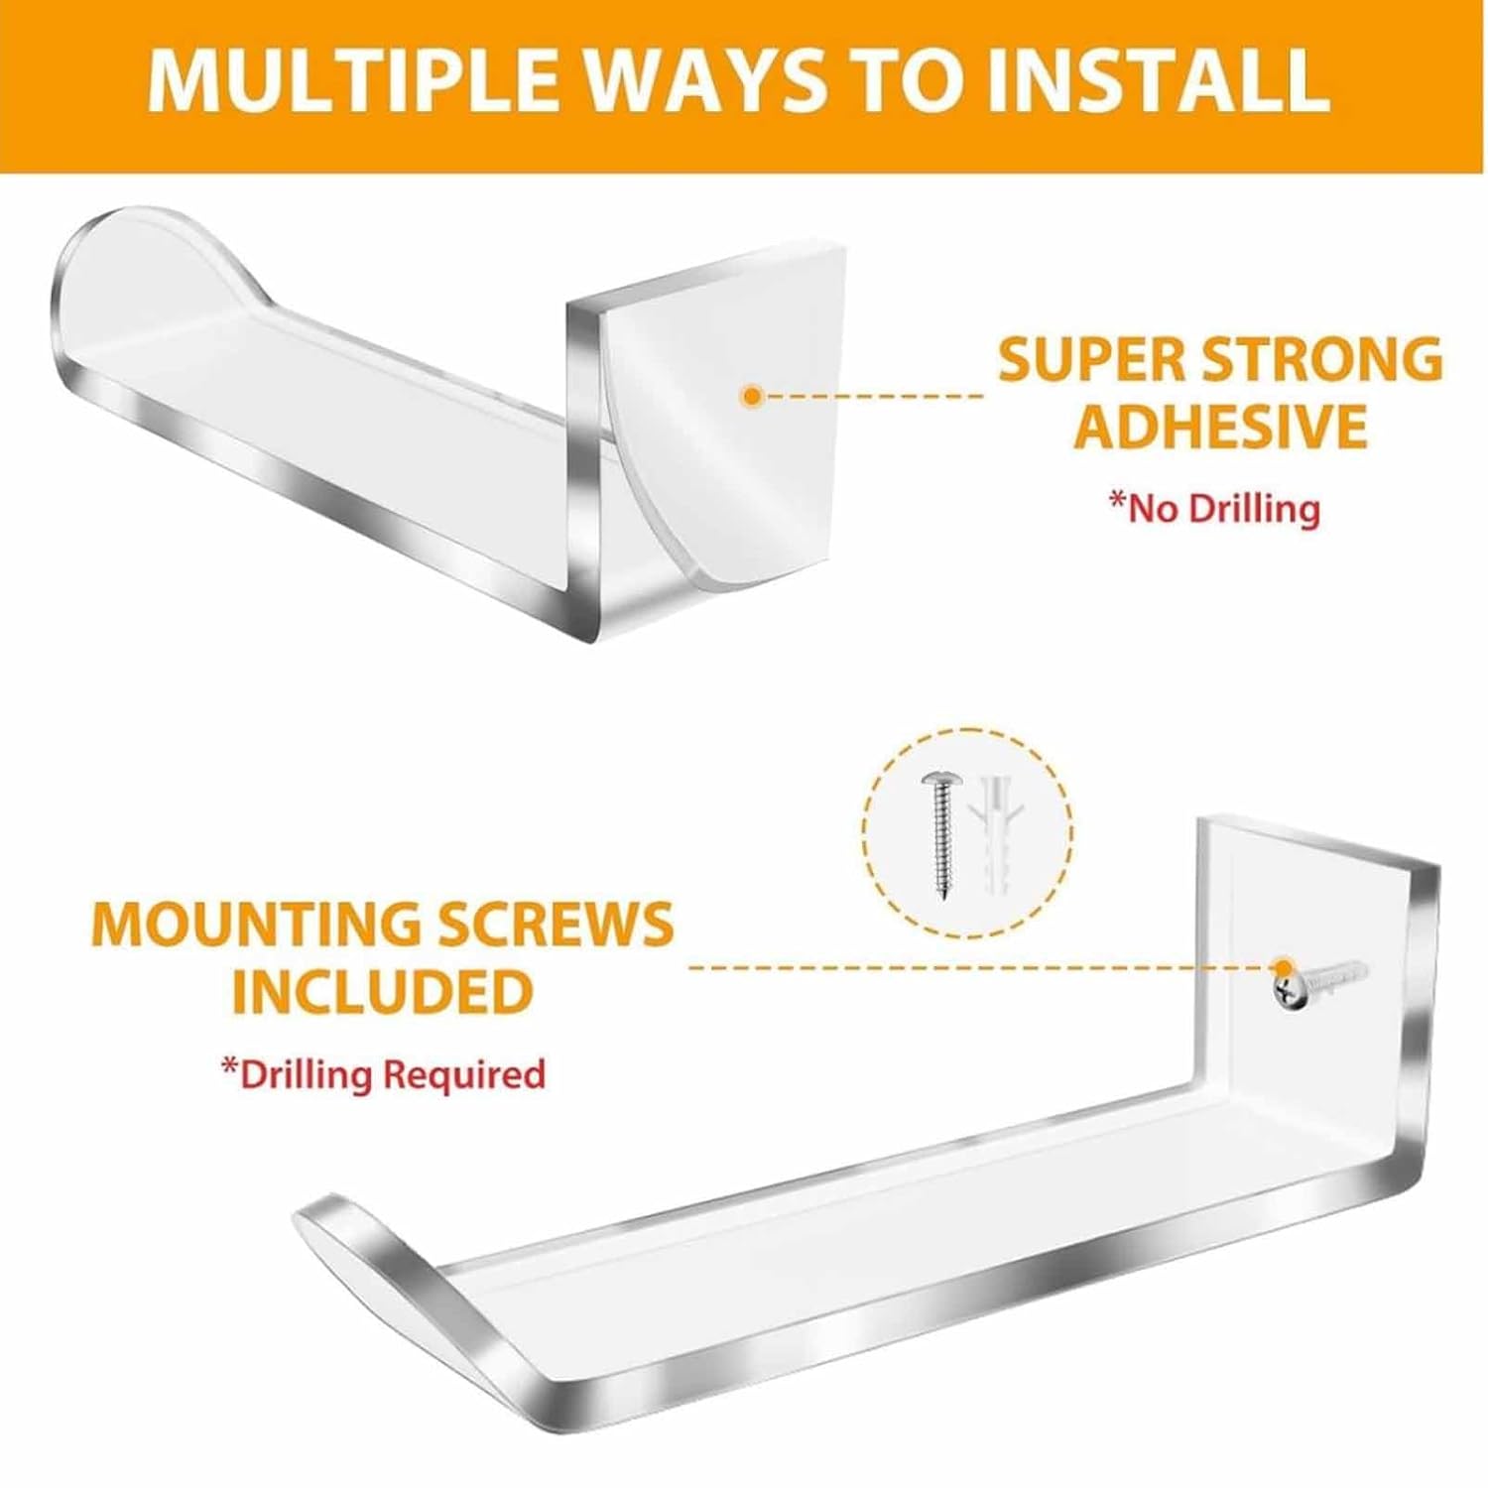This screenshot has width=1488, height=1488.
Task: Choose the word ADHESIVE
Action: tap(1221, 427)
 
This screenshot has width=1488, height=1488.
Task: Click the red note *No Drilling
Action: tap(1214, 508)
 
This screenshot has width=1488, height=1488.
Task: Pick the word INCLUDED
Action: tap(382, 991)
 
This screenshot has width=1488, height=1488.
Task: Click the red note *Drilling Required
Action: tap(383, 1073)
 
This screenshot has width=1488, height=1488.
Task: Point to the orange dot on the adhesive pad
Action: tap(752, 397)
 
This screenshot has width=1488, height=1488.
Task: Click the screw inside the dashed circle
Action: tap(937, 835)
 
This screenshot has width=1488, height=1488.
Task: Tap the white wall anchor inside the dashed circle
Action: tap(995, 835)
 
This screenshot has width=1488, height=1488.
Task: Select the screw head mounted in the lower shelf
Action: tap(1286, 986)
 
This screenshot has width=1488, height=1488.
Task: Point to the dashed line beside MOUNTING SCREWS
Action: tap(977, 965)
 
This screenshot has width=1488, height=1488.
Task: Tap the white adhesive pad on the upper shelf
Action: tap(734, 417)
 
